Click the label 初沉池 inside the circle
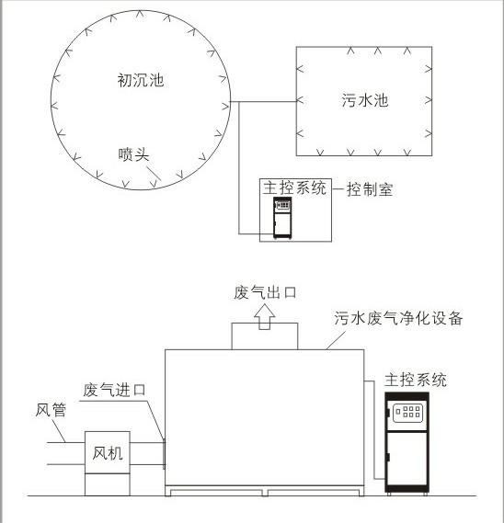(141, 80)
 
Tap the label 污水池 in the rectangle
(365, 100)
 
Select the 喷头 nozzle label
(133, 154)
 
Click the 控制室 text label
(370, 189)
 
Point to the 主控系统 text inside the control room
(294, 188)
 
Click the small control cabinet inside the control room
(282, 218)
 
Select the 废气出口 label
(265, 292)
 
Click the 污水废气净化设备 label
(398, 318)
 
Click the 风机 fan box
(107, 452)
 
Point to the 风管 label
(51, 410)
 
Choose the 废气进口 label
(114, 390)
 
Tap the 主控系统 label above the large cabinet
(416, 380)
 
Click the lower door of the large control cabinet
(407, 459)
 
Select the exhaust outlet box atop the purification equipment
(265, 335)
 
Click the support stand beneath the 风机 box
(107, 484)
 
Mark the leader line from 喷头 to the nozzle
(154, 174)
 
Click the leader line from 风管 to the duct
(59, 430)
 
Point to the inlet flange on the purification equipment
(164, 454)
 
